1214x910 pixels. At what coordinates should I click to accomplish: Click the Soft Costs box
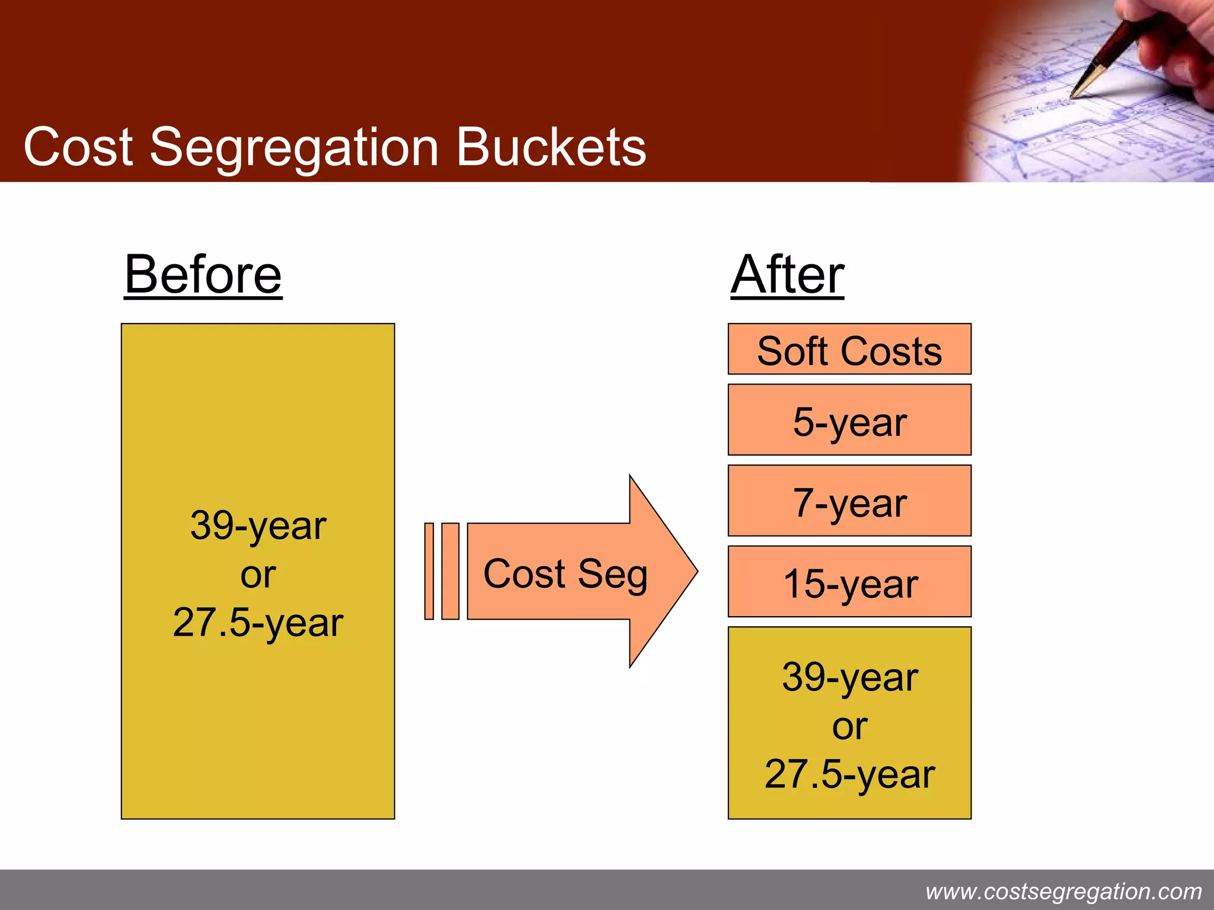[849, 350]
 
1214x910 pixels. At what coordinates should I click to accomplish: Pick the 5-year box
[849, 420]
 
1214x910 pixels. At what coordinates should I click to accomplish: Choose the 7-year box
[849, 501]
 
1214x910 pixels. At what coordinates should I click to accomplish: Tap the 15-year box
[849, 582]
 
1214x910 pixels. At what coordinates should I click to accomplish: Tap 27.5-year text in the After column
[849, 774]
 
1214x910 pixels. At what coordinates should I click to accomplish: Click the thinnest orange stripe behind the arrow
[429, 571]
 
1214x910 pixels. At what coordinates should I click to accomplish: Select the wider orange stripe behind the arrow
[451, 571]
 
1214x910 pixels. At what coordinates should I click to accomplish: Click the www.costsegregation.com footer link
[1063, 891]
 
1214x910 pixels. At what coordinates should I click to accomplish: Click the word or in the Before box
[258, 574]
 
